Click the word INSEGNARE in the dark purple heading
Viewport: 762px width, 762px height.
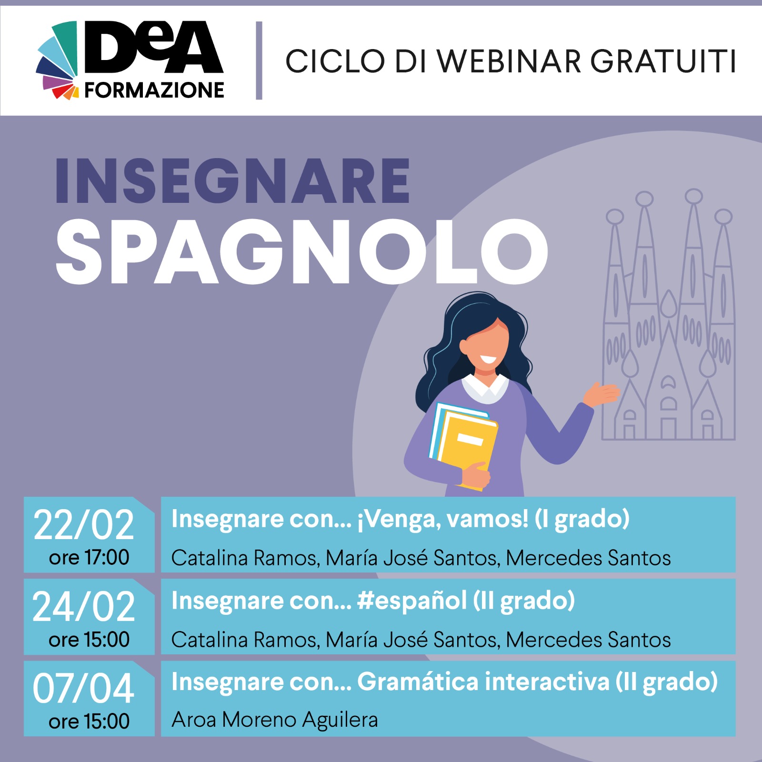pos(232,181)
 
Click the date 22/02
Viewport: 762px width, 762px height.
pos(84,525)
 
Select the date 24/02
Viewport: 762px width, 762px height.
pos(84,607)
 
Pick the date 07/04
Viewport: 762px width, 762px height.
pos(83,689)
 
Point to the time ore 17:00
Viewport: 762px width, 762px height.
pos(89,557)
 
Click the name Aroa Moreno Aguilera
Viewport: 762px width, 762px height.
pos(275,720)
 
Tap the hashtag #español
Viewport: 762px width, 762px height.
pos(412,601)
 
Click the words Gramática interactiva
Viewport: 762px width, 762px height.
pos(483,682)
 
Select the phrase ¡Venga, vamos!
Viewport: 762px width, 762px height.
pos(443,520)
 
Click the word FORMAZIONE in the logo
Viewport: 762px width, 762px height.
pos(154,90)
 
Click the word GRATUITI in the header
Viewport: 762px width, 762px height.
pos(663,61)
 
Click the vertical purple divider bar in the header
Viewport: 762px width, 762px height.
pos(259,60)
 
